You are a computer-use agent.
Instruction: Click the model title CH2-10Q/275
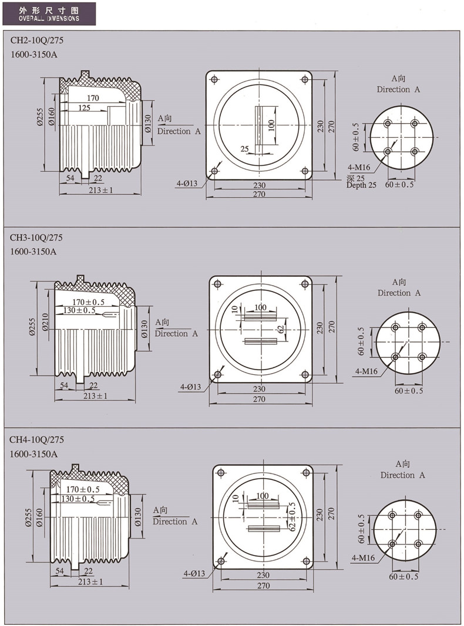coord(36,42)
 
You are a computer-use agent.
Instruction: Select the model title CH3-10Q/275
coord(36,238)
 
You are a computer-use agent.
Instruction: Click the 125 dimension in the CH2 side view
coord(84,108)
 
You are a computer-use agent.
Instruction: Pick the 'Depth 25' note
coord(361,185)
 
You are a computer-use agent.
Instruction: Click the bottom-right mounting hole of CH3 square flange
coord(305,374)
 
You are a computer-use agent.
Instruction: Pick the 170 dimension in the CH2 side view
coord(93,97)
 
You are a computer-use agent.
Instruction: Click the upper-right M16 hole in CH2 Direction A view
coord(415,124)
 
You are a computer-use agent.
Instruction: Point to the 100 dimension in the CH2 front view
coord(271,124)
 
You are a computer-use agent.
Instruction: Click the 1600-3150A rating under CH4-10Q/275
coord(33,454)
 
